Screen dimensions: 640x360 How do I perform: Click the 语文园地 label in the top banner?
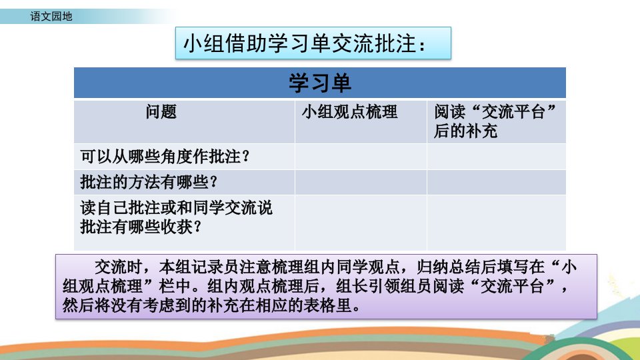click(51, 16)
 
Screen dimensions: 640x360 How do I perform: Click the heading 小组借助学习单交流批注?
click(305, 43)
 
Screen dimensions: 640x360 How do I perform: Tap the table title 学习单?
click(320, 83)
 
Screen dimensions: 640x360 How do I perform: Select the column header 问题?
click(161, 112)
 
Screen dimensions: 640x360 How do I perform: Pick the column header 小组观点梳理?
click(350, 112)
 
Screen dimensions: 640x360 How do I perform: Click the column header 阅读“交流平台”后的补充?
click(495, 121)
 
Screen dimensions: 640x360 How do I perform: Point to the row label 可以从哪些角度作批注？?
click(165, 156)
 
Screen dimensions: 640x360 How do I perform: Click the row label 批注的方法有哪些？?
click(149, 182)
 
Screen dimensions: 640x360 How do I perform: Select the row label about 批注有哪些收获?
click(176, 217)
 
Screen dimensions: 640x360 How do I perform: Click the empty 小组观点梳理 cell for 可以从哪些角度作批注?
click(361, 156)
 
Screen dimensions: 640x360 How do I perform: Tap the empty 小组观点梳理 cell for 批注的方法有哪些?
click(361, 182)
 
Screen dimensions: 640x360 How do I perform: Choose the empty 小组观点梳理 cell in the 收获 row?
click(361, 223)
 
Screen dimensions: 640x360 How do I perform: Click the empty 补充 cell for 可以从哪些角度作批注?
click(496, 156)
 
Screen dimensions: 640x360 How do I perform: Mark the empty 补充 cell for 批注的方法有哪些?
click(496, 182)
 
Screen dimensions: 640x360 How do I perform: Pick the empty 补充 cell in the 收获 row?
click(496, 223)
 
